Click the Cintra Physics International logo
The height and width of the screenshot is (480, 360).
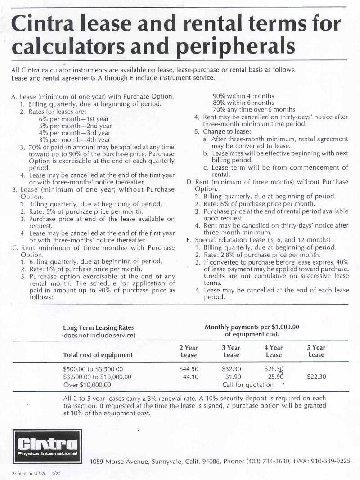tap(47, 446)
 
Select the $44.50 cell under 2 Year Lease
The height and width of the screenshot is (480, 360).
tap(189, 369)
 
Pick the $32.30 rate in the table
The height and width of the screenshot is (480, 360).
tap(231, 369)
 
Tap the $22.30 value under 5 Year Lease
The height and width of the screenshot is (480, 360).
tap(316, 377)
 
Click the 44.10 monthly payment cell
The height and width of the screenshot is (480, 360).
tap(191, 377)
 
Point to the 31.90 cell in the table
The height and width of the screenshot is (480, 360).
tap(233, 377)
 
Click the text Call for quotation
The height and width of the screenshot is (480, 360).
tap(248, 385)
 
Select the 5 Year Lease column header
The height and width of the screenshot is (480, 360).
tap(316, 351)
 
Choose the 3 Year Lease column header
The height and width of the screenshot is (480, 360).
tap(231, 351)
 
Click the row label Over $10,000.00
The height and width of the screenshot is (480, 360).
tap(87, 385)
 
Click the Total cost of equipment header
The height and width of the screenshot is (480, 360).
tap(98, 354)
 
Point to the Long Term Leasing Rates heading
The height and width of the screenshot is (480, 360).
tap(98, 328)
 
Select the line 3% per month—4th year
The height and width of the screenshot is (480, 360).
tap(74, 139)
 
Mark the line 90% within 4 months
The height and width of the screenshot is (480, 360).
tap(243, 96)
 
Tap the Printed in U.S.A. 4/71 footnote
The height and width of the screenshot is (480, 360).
tap(31, 473)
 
